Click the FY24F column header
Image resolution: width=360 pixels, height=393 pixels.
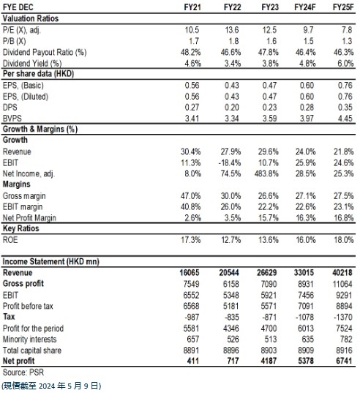coord(305,7)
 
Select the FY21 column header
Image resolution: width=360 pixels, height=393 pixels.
coord(192,7)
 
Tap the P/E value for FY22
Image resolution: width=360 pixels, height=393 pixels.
coord(232,30)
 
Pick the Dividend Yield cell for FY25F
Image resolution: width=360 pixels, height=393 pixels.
coord(345,64)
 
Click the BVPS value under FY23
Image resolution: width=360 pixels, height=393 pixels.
coord(269,119)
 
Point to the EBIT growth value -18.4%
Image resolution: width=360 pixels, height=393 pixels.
coord(230,163)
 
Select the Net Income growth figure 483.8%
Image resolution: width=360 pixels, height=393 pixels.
coord(266,173)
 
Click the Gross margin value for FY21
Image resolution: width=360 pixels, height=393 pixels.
coord(191,195)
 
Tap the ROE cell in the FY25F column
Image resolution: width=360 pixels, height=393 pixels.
coord(343,240)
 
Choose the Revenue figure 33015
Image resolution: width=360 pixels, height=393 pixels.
coord(304,272)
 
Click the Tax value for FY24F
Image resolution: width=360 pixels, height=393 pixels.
coord(304,317)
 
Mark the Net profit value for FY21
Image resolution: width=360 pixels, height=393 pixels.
coord(193,361)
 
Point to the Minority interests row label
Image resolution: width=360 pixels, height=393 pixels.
coord(29,339)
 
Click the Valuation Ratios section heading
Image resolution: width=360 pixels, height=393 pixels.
coord(31,18)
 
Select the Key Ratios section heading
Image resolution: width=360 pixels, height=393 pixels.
coord(20,228)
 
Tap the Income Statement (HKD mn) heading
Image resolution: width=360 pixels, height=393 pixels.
coord(51,261)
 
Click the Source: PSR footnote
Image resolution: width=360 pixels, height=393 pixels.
coord(23,373)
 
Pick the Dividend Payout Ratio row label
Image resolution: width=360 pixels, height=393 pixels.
coord(45,53)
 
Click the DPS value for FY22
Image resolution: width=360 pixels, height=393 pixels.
coord(232,108)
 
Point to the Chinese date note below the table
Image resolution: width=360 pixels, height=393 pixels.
coord(51,386)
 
